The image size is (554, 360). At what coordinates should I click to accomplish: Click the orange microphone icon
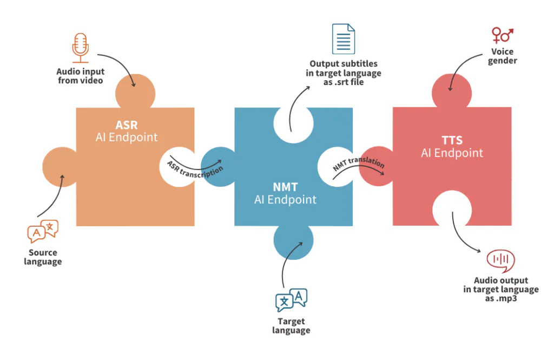pyautogui.click(x=81, y=48)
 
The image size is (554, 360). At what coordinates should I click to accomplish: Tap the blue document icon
pyautogui.click(x=344, y=38)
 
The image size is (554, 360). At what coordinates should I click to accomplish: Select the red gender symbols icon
pyautogui.click(x=503, y=35)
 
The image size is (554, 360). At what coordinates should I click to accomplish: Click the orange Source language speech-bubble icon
pyautogui.click(x=43, y=231)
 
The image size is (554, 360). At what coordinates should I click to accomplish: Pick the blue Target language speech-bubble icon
pyautogui.click(x=291, y=300)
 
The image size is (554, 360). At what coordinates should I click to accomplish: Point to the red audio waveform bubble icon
pyautogui.click(x=500, y=260)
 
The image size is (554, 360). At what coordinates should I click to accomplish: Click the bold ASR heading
pyautogui.click(x=127, y=125)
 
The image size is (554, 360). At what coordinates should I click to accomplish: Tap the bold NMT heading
pyautogui.click(x=286, y=187)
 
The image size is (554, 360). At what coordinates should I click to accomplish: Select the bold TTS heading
pyautogui.click(x=452, y=140)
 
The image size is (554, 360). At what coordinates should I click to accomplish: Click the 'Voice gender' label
pyautogui.click(x=503, y=56)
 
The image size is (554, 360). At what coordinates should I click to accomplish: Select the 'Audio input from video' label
pyautogui.click(x=81, y=76)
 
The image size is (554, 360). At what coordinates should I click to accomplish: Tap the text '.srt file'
pyautogui.click(x=349, y=82)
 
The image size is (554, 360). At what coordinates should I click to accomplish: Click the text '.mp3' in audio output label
pyautogui.click(x=506, y=298)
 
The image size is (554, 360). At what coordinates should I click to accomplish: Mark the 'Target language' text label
pyautogui.click(x=291, y=326)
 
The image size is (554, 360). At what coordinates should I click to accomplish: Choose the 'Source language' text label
pyautogui.click(x=43, y=257)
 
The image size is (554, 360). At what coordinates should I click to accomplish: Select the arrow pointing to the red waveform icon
pyautogui.click(x=459, y=238)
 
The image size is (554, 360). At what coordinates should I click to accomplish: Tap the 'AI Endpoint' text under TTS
pyautogui.click(x=452, y=153)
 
